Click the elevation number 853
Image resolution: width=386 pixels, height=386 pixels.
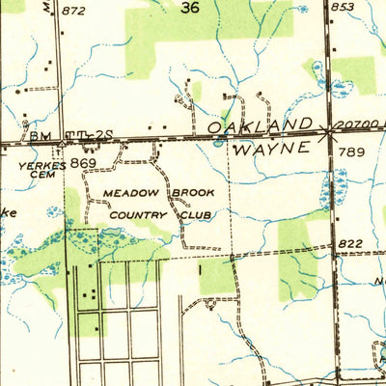tap(342, 7)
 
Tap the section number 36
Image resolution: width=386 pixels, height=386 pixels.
tap(190, 8)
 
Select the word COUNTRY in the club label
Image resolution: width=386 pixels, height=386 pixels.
tap(138, 214)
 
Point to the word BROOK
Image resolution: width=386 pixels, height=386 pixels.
tap(193, 193)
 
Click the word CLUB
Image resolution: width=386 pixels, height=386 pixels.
tap(198, 214)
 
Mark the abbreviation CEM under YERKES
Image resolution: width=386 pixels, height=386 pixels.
tap(43, 176)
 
